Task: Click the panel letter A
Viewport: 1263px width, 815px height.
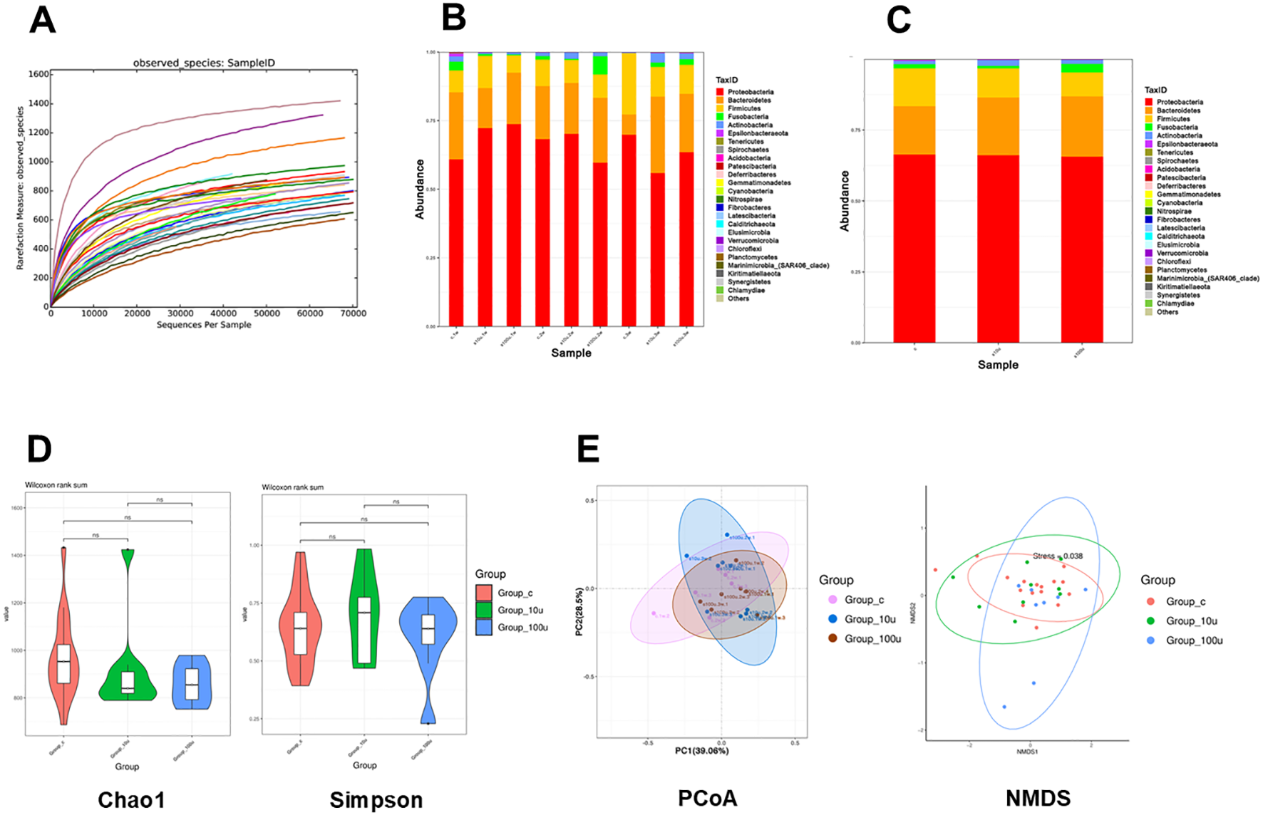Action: click(42, 20)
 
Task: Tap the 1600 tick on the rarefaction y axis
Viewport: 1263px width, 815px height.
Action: click(39, 74)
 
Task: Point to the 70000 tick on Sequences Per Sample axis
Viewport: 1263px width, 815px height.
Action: click(353, 313)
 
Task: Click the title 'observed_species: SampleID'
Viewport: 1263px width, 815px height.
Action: click(204, 63)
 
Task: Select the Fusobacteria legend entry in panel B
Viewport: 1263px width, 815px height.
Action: click(748, 117)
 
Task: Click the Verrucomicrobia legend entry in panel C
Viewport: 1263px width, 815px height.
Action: click(1182, 253)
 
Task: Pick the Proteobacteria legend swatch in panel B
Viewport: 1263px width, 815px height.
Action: click(720, 92)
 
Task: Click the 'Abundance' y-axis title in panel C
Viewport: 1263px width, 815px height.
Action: click(845, 201)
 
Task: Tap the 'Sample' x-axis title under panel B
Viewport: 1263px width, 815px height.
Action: click(571, 353)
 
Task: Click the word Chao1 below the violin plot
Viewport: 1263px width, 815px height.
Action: click(131, 800)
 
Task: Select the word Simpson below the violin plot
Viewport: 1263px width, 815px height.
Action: click(376, 800)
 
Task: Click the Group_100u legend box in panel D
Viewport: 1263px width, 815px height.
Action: click(484, 628)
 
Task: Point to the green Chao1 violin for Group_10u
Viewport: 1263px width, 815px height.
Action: click(128, 684)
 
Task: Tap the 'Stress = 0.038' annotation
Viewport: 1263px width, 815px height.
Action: click(1058, 556)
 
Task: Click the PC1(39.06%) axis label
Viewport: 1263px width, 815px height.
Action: click(702, 750)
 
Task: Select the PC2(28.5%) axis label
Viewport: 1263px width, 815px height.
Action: click(579, 612)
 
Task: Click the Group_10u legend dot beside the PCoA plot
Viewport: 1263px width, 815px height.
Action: click(832, 619)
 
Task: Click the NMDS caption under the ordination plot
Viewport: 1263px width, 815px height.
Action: click(1038, 799)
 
